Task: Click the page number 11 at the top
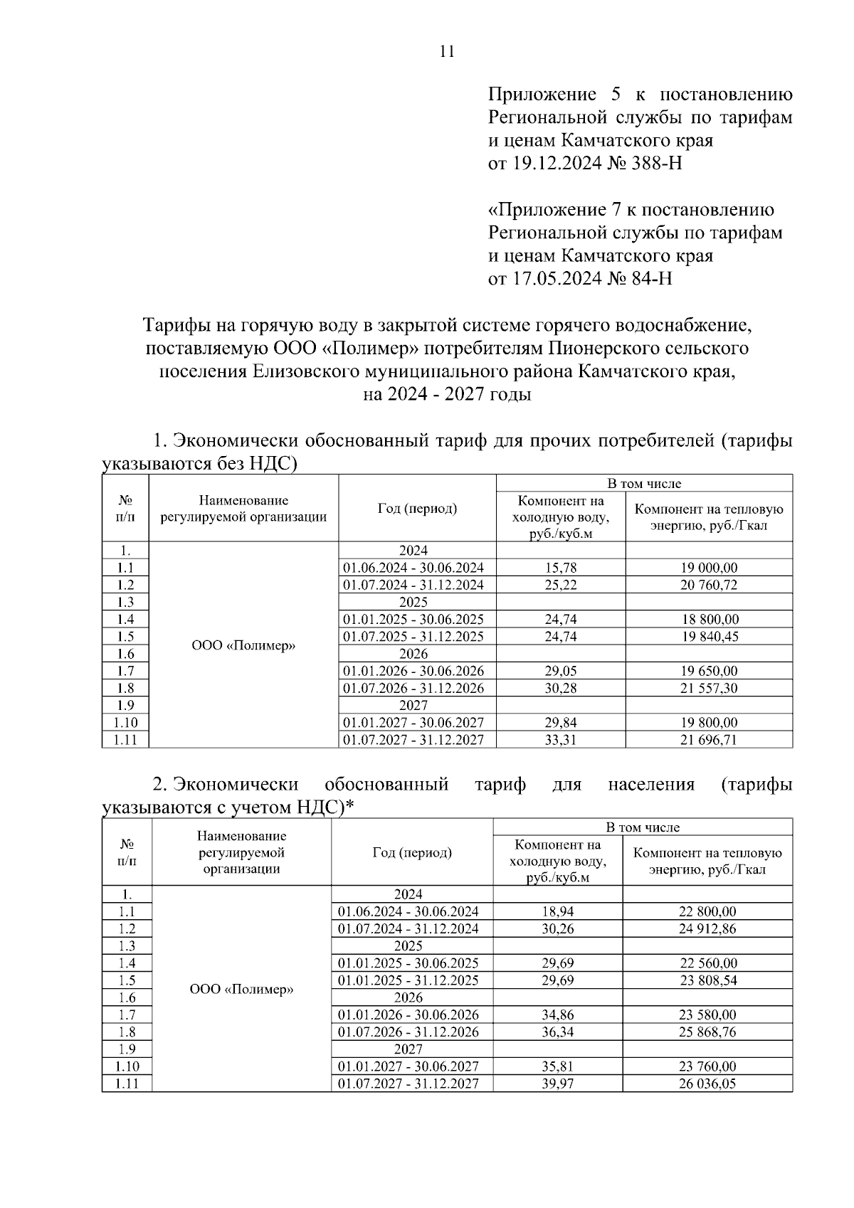447,51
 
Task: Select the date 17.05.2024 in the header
554,278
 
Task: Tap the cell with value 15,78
561,568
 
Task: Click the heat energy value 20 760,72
709,585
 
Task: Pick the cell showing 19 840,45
709,637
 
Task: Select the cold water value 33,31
561,740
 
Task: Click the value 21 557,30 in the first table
709,688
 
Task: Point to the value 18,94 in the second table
557,911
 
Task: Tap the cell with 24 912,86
707,928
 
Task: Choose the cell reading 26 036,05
707,1084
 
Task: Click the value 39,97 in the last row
557,1084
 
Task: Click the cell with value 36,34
557,1032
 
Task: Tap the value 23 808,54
707,980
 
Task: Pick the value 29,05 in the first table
561,671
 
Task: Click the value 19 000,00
709,568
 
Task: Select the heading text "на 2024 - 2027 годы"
447,394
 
